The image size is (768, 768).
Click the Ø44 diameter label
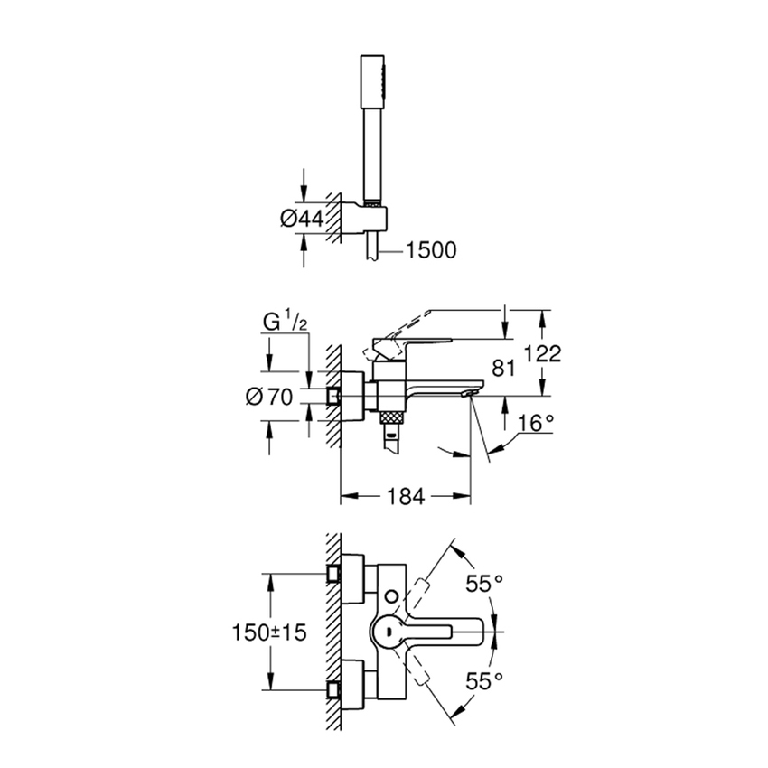pos(302,217)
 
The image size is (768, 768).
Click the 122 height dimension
pos(542,353)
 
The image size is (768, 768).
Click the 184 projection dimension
pos(405,495)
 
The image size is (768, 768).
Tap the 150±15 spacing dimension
pos(268,632)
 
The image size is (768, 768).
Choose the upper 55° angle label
pos(484,584)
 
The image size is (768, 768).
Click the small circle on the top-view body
pos(390,595)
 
